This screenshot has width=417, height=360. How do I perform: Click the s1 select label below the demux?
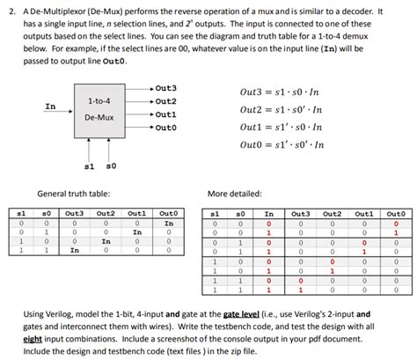click(89, 165)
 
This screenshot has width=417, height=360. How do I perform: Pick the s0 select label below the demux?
click(111, 165)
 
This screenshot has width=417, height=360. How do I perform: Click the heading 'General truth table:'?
click(73, 193)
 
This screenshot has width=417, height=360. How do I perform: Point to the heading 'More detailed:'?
click(235, 193)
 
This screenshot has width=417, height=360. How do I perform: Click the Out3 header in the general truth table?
click(74, 213)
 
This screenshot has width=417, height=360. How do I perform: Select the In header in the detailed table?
click(269, 213)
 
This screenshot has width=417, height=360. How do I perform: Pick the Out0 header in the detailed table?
click(395, 213)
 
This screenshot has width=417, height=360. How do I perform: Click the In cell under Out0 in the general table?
click(168, 224)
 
